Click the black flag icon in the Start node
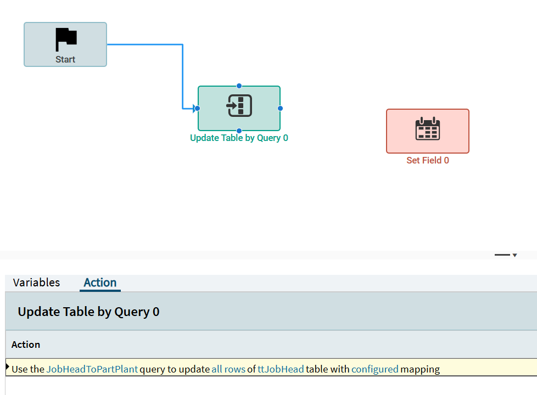[66, 39]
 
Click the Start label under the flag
[65, 60]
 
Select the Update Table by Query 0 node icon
[239, 105]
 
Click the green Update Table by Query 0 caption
[239, 138]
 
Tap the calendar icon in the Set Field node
[427, 128]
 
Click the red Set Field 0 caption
[427, 161]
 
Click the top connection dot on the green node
[239, 86]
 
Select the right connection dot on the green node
[280, 109]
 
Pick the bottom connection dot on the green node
[239, 131]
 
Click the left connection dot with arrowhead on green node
[197, 109]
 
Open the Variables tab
[36, 283]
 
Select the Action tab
[100, 283]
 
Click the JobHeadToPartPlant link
[92, 369]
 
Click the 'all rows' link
[228, 369]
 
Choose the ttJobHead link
[281, 369]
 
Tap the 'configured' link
[375, 369]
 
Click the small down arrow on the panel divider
[514, 255]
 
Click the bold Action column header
[26, 345]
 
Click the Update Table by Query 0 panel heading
[89, 312]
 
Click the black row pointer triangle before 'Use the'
[8, 367]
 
